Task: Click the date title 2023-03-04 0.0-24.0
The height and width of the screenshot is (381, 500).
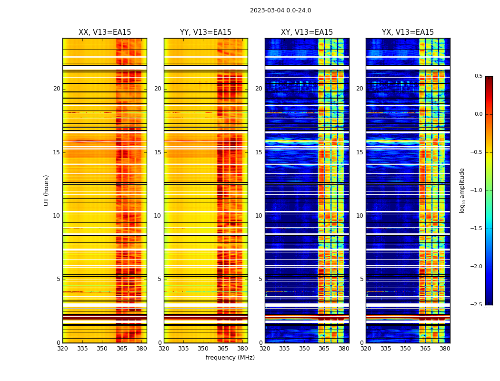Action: click(280, 10)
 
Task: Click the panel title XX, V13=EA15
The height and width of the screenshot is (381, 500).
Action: click(105, 32)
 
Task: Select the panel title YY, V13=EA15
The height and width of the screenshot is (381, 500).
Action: click(206, 32)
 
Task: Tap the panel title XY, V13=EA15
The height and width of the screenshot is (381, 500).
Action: click(307, 32)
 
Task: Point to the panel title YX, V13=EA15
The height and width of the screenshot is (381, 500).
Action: click(408, 32)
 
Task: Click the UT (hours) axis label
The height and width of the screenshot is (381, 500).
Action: click(46, 190)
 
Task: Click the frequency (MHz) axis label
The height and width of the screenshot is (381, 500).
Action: click(230, 358)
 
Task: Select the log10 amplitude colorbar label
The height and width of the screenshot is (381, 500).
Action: click(462, 190)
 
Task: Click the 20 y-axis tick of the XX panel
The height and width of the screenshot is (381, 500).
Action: click(57, 89)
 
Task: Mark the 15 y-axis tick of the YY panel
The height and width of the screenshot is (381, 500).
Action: click(158, 152)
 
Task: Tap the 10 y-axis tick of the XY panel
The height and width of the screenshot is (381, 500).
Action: click(259, 216)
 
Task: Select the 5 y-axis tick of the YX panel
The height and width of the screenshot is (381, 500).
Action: click(362, 279)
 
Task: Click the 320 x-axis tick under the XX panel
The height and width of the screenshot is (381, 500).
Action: click(62, 349)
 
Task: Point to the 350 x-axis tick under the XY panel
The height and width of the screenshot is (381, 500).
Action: click(304, 349)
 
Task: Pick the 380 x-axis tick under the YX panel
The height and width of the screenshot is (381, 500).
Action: click(445, 349)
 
